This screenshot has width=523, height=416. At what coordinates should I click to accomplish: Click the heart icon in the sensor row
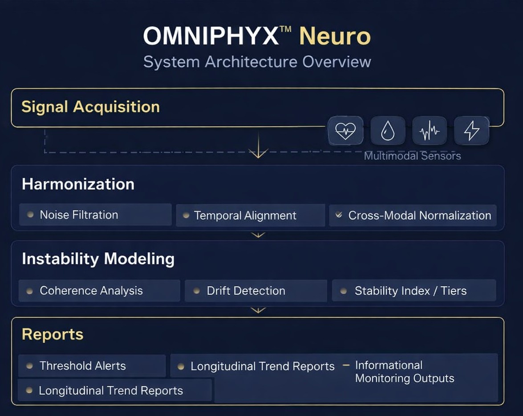pyautogui.click(x=345, y=131)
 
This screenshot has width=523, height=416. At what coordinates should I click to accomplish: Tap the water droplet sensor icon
pyautogui.click(x=388, y=131)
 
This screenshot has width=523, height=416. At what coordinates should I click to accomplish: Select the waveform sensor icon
pyautogui.click(x=430, y=131)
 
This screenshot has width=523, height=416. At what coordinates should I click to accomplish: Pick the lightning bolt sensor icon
pyautogui.click(x=471, y=131)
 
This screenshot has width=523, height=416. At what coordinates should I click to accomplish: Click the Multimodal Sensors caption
pyautogui.click(x=412, y=156)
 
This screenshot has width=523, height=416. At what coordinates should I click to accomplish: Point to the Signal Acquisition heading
pyautogui.click(x=90, y=107)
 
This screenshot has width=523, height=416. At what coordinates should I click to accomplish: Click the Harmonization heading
pyautogui.click(x=78, y=184)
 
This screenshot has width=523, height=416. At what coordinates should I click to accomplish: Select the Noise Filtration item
pyautogui.click(x=79, y=215)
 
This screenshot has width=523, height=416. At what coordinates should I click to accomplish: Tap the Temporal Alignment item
pyautogui.click(x=245, y=216)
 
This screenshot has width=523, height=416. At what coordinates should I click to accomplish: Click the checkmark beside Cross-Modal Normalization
pyautogui.click(x=339, y=215)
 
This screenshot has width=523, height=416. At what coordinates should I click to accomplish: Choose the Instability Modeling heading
pyautogui.click(x=98, y=259)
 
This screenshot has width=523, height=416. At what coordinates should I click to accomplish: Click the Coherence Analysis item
pyautogui.click(x=91, y=291)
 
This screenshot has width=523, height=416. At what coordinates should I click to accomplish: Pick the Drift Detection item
pyautogui.click(x=246, y=291)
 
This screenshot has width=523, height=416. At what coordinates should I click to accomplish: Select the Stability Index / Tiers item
pyautogui.click(x=410, y=291)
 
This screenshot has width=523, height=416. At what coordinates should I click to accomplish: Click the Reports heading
pyautogui.click(x=53, y=334)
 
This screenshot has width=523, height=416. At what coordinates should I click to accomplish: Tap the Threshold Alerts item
pyautogui.click(x=82, y=366)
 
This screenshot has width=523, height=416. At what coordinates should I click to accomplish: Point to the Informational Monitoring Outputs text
pyautogui.click(x=404, y=372)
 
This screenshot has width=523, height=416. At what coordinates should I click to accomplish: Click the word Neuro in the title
pyautogui.click(x=335, y=36)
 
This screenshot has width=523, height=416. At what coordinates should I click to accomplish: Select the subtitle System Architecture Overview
pyautogui.click(x=257, y=61)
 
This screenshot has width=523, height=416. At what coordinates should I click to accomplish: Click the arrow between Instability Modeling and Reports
pyautogui.click(x=258, y=310)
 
